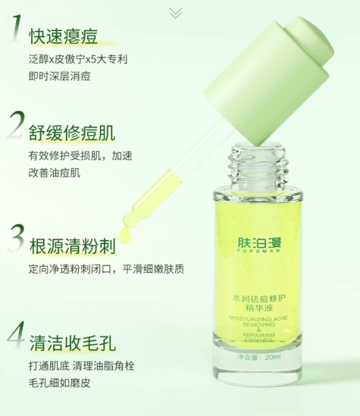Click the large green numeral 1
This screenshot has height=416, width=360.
tap(16, 28)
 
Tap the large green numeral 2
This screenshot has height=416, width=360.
tap(17, 125)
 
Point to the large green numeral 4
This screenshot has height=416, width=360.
tap(17, 335)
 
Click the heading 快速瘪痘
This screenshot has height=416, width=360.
tap(63, 36)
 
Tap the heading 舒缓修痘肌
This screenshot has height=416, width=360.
tap(72, 133)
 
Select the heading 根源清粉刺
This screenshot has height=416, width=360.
tap(73, 246)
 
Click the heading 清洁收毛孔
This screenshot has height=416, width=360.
tap(73, 342)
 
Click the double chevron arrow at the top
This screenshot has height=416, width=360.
tap(175, 13)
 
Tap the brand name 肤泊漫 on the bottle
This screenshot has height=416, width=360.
tap(259, 242)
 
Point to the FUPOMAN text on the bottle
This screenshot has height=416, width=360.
tap(259, 251)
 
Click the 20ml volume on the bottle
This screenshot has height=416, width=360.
tap(272, 357)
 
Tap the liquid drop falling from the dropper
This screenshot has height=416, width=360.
tap(125, 235)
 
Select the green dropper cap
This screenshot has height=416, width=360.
tap(268, 80)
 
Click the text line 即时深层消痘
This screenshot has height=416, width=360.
tap(59, 76)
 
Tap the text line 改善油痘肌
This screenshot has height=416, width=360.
tap(55, 173)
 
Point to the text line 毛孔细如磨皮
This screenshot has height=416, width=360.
tap(59, 383)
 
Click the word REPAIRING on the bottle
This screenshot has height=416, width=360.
tap(258, 335)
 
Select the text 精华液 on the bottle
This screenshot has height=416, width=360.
tap(259, 308)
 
